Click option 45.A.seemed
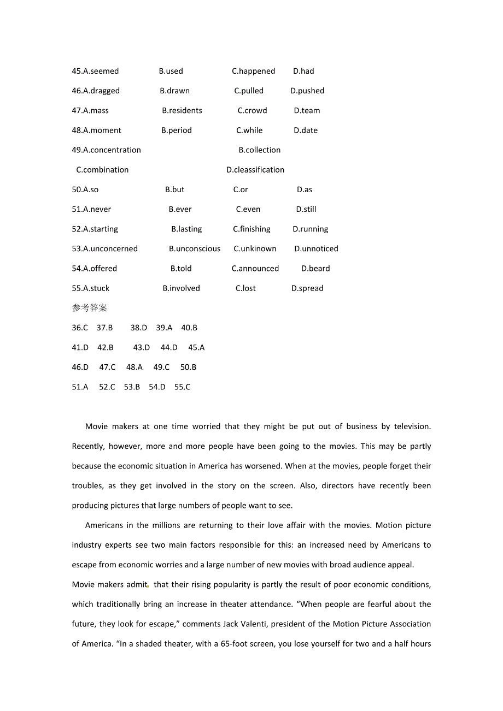95,71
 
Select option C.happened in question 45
253,71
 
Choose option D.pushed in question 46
307,91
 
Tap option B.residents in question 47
182,110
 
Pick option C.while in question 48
249,130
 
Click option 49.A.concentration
106,150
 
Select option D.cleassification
255,170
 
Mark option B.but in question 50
175,189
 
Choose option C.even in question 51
248,209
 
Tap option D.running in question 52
311,229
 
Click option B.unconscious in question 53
195,248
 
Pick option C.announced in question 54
255,268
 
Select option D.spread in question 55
307,288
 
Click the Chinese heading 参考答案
90,308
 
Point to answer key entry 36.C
80,328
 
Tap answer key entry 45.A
196,347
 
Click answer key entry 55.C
183,387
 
